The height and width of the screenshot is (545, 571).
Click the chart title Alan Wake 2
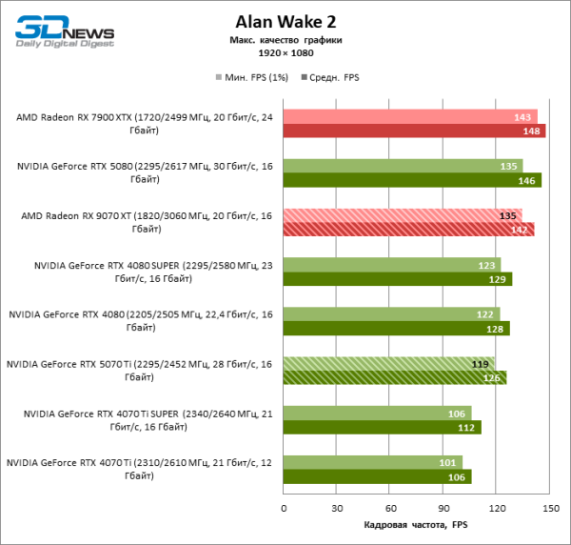click(x=285, y=20)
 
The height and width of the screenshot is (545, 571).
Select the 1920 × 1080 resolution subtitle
click(x=285, y=55)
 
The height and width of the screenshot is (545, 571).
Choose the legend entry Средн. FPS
click(x=328, y=76)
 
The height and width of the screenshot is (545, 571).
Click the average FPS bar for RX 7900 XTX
click(x=414, y=131)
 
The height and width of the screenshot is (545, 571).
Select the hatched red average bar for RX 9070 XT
click(x=408, y=229)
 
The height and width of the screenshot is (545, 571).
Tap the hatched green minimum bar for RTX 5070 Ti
click(x=388, y=363)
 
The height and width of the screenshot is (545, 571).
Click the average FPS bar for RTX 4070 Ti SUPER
click(x=382, y=427)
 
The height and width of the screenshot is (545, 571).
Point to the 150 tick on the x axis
click(x=549, y=508)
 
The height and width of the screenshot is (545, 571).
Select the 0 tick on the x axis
click(x=284, y=508)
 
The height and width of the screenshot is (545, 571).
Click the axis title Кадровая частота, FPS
click(x=416, y=525)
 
